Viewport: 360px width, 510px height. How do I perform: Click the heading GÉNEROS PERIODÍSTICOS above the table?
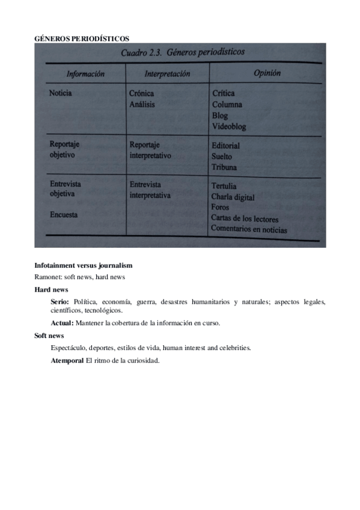pos(82,38)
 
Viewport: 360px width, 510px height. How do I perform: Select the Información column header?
pos(85,74)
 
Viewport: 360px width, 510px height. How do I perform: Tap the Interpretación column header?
pos(167,74)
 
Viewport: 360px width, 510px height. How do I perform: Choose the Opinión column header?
pos(267,73)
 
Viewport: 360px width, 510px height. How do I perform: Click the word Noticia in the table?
pos(61,93)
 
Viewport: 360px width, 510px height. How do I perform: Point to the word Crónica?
pos(141,93)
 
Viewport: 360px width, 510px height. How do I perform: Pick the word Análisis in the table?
pos(142,104)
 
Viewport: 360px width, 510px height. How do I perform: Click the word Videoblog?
pos(229,126)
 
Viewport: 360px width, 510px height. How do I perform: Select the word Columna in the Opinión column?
pos(227,105)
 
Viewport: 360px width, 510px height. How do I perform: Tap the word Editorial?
pos(225,146)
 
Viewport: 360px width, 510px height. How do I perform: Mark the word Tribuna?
pos(224,167)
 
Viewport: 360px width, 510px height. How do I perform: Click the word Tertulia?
pos(224,186)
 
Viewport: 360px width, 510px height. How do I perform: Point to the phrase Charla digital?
pos(233,197)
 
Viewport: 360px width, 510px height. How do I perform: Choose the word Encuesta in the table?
pos(64,214)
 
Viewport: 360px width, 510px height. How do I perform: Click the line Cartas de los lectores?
pos(245,218)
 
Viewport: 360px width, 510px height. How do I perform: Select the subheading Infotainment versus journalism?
pos(84,265)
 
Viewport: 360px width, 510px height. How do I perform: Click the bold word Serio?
pos(60,301)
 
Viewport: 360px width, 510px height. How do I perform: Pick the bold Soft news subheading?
pos(49,336)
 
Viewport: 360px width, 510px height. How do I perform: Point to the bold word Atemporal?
pos(67,360)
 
